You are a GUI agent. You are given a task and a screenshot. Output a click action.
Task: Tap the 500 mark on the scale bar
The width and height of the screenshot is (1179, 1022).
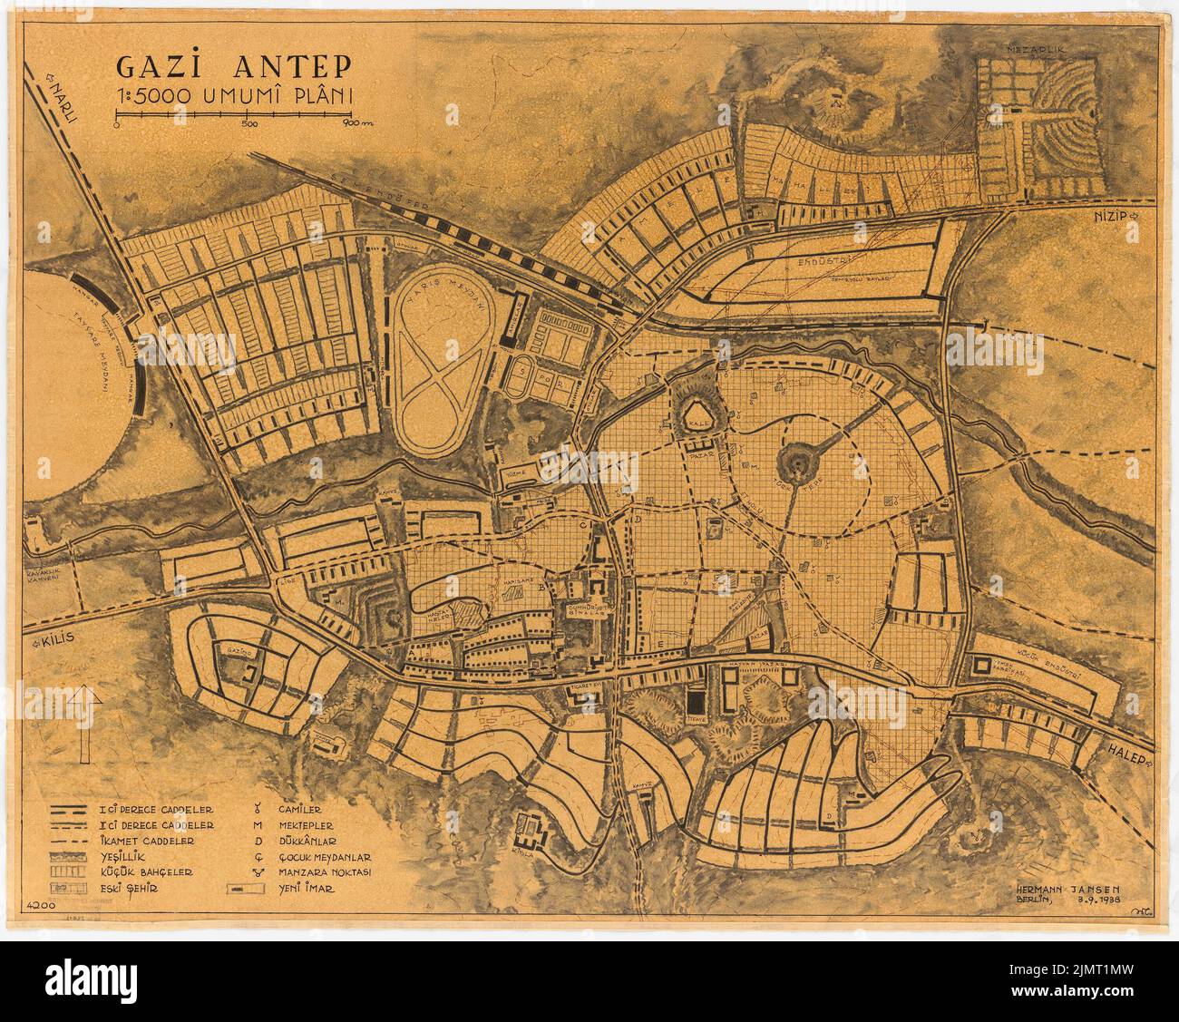251,124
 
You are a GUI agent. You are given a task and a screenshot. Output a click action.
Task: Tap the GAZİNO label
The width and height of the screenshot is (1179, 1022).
239,653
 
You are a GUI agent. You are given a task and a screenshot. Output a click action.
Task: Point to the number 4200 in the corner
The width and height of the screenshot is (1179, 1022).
40,905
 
